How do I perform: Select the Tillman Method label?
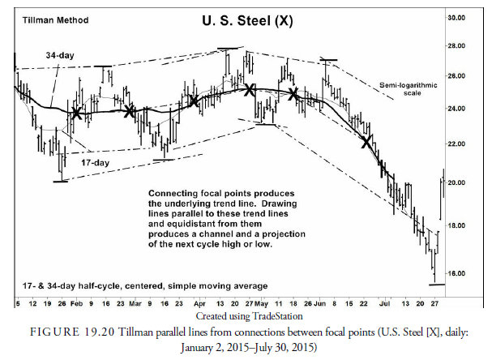[48, 19]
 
